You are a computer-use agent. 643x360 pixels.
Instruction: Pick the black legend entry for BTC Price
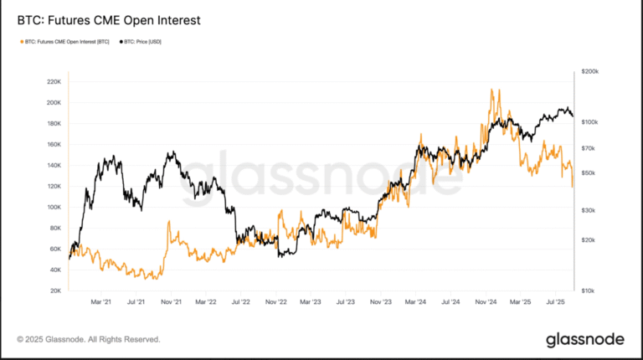[x=141, y=41]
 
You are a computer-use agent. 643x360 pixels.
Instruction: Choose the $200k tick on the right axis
[x=589, y=73]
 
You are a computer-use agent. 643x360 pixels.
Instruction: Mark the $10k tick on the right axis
[x=588, y=291]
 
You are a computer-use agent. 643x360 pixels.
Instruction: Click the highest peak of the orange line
[x=493, y=90]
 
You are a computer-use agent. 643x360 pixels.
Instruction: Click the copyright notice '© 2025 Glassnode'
[x=88, y=339]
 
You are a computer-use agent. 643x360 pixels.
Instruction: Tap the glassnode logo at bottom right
[x=584, y=339]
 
